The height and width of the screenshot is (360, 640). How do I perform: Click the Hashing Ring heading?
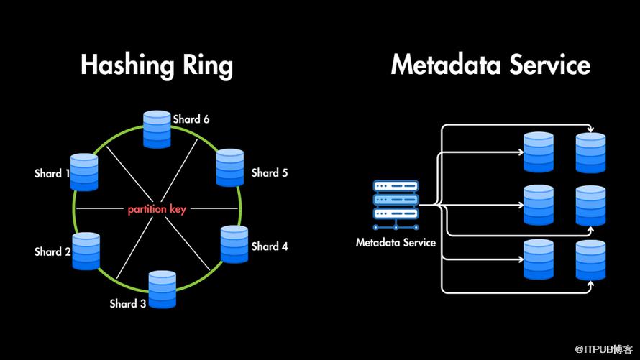pyautogui.click(x=157, y=65)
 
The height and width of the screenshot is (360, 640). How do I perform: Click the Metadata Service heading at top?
pyautogui.click(x=490, y=65)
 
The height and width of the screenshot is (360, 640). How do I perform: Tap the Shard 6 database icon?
pyautogui.click(x=157, y=130)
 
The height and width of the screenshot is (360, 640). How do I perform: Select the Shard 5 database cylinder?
pyautogui.click(x=231, y=167)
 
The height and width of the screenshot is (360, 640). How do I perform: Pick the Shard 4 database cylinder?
pyautogui.click(x=234, y=244)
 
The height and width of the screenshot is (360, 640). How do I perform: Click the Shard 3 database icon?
pyautogui.click(x=163, y=289)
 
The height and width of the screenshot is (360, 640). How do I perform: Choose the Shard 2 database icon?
pyautogui.click(x=86, y=251)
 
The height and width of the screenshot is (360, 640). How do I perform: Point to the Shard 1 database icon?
pyautogui.click(x=84, y=172)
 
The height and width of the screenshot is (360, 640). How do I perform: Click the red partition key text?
pyautogui.click(x=157, y=210)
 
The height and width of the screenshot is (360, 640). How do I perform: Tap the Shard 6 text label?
pyautogui.click(x=191, y=119)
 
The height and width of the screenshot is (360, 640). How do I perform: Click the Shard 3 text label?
pyautogui.click(x=128, y=303)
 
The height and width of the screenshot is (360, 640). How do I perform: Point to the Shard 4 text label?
pyautogui.click(x=270, y=246)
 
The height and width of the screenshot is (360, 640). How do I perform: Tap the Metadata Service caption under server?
pyautogui.click(x=396, y=243)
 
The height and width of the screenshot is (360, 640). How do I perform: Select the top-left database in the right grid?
pyautogui.click(x=539, y=152)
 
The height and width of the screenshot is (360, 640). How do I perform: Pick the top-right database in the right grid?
pyautogui.click(x=591, y=152)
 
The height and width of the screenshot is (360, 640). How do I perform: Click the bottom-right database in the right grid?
pyautogui.click(x=591, y=260)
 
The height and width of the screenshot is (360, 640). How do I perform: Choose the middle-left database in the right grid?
pyautogui.click(x=539, y=206)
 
